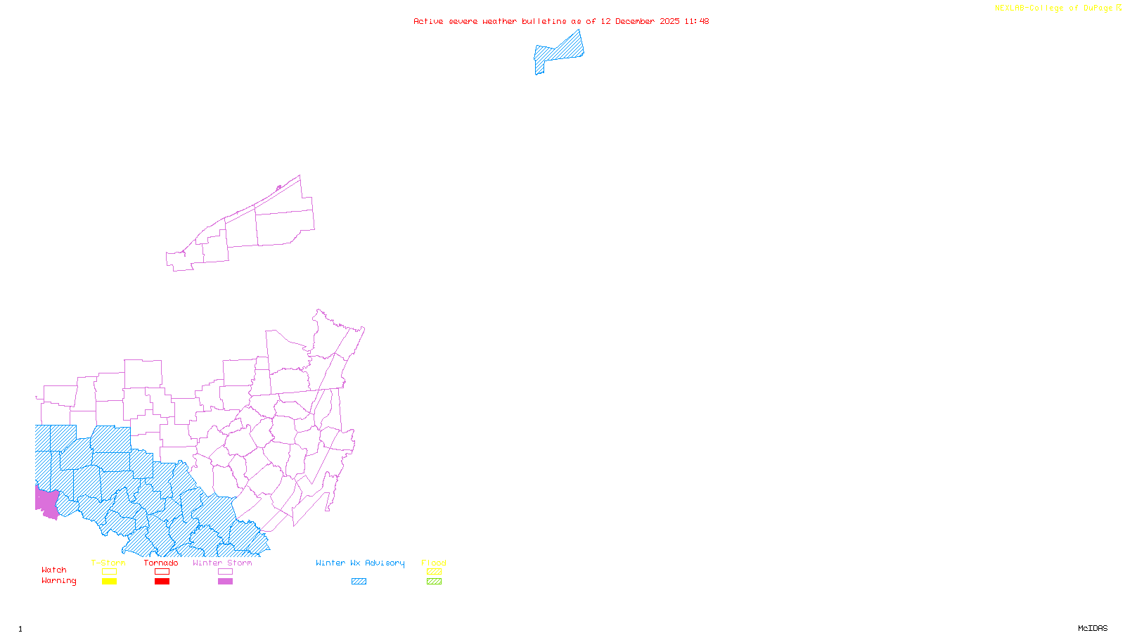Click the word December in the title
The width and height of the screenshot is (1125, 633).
635,21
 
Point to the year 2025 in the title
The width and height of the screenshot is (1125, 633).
669,21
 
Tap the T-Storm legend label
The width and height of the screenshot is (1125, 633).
108,563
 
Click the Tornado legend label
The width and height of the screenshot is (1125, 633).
161,563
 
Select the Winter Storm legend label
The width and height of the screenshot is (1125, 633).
222,563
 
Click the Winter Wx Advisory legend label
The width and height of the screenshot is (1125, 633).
360,563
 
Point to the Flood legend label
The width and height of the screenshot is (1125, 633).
434,563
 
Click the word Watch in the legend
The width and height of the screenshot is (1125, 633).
54,570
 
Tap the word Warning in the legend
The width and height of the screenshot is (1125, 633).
58,581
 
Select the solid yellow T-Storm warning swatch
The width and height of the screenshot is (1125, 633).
109,582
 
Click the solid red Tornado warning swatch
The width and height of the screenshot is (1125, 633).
162,582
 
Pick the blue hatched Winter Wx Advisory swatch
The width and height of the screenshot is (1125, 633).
359,582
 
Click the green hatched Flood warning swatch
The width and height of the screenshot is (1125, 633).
434,582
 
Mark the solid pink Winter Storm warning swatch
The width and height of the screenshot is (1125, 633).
225,582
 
